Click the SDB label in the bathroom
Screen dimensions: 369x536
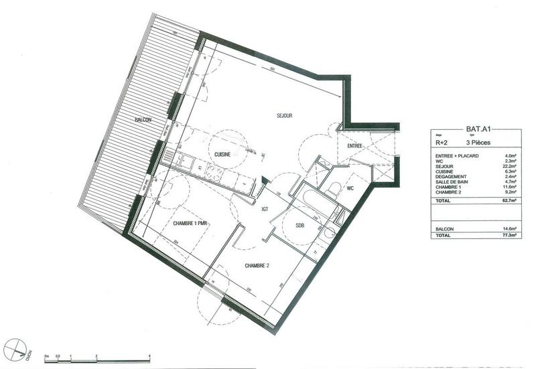299,225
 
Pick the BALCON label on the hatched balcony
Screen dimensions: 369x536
143,119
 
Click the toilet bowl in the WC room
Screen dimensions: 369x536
332,189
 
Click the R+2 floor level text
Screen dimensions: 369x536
442,143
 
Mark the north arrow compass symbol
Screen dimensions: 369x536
15,349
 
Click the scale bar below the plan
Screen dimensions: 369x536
96,359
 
